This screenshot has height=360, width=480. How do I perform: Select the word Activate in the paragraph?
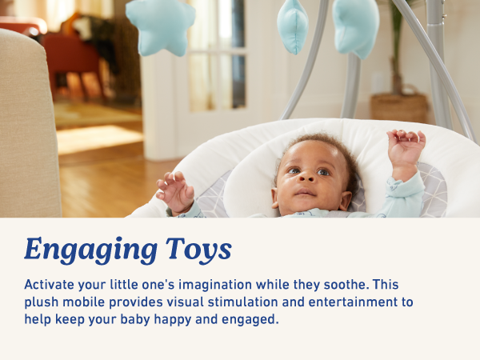(x=50, y=285)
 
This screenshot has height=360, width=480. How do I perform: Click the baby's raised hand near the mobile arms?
(x=406, y=148)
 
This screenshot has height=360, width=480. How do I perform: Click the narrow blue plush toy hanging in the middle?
(x=293, y=26)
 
